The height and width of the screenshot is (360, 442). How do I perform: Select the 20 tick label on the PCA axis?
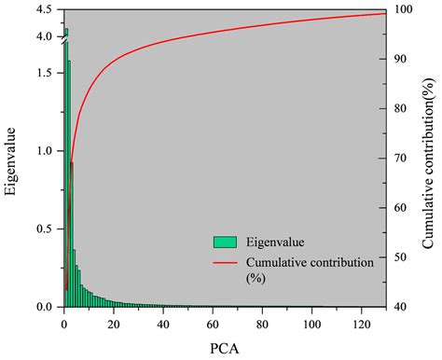click(112, 323)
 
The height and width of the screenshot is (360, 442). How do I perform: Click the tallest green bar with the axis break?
click(66, 168)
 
